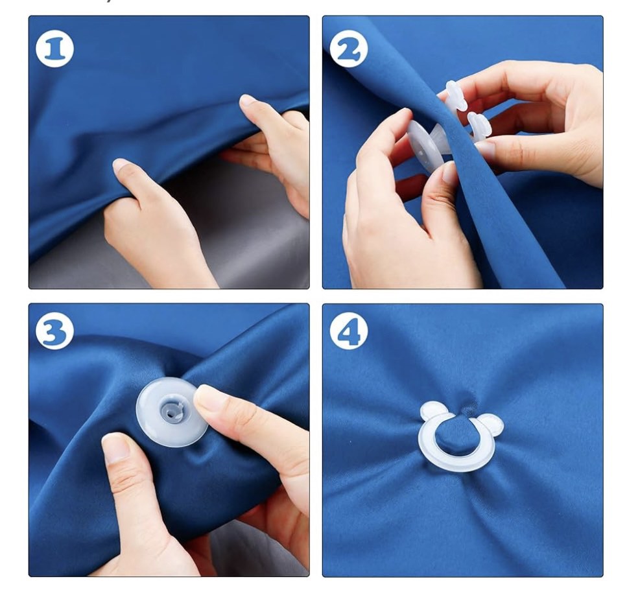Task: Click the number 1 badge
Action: pos(54,50)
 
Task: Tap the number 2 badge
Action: pos(349,50)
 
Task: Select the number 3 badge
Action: pos(54,331)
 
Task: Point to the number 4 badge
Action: pos(349,331)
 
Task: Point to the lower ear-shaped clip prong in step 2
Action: pos(479,124)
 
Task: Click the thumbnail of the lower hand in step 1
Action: pos(121,165)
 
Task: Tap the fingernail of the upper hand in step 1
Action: pos(248,100)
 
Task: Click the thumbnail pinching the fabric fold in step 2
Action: pos(450,172)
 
